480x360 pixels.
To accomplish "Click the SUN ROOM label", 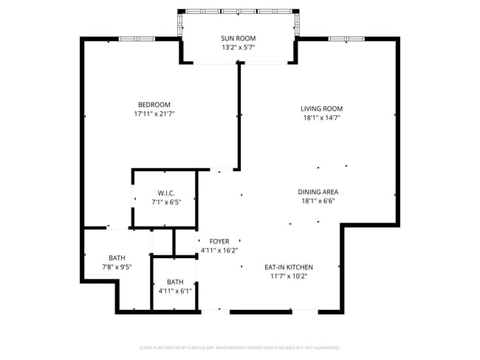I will tap(239, 38).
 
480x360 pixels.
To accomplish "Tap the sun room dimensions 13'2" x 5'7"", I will tap(239, 47).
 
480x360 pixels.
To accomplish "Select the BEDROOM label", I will tap(154, 105).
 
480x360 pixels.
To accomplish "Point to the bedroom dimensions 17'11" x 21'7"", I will tap(154, 114).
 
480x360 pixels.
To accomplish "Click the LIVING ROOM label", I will tap(321, 108).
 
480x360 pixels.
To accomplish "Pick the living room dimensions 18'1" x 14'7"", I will tap(321, 118).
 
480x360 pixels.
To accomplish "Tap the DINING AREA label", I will tap(318, 192).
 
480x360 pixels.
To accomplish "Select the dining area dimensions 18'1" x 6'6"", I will tap(318, 201).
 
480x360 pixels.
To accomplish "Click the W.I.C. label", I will tap(165, 193).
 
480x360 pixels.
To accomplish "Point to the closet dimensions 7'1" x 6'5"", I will tap(165, 202).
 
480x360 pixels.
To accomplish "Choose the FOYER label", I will tap(219, 241).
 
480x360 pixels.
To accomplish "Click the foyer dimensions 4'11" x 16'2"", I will tap(219, 251).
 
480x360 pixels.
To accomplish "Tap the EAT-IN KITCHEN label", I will tap(289, 267).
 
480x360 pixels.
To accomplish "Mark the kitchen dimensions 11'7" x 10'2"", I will tap(289, 277).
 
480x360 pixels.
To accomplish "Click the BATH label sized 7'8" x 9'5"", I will tap(117, 258).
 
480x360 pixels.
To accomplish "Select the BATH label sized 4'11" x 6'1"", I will tap(175, 282).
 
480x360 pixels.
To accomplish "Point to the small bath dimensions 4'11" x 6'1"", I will tap(175, 291).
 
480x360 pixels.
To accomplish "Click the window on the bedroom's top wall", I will tap(136, 38).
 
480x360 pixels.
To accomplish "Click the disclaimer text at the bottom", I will tap(239, 347).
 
